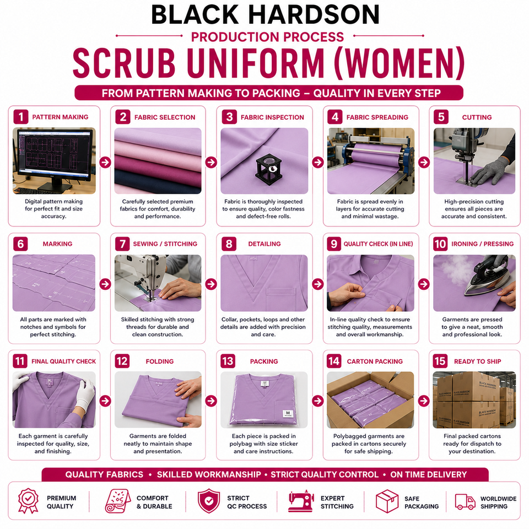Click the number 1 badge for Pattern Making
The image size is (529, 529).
tap(21, 117)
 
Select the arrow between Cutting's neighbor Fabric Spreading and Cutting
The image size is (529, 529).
tap(424, 162)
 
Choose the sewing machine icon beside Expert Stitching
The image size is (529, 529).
tap(301, 501)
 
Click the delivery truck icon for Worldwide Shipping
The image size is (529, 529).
tap(465, 501)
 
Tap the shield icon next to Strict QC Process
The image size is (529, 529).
tap(209, 501)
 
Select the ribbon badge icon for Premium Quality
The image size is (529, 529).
tap(28, 501)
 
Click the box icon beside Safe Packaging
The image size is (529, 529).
tap(387, 501)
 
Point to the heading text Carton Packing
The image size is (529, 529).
tap(375, 361)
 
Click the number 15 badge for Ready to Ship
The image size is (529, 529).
tap(440, 361)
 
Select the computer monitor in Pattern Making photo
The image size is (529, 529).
tap(54, 158)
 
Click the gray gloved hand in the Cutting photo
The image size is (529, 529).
tap(490, 171)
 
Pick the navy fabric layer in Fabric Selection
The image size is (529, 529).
tap(158, 181)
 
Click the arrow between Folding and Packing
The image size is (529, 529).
tap(211, 401)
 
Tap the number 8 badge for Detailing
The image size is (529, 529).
tap(229, 244)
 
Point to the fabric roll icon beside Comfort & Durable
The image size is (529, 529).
tap(118, 501)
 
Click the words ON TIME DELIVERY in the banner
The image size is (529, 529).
tap(429, 474)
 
